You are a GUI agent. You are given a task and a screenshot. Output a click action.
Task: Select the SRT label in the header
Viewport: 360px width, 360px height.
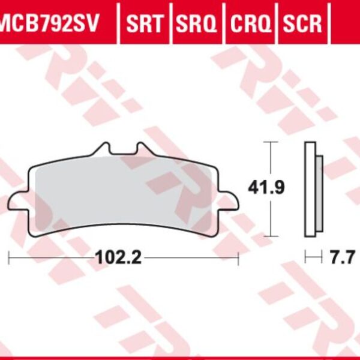coord(145,24)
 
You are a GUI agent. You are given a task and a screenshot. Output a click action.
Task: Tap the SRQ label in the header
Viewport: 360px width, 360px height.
coord(196,24)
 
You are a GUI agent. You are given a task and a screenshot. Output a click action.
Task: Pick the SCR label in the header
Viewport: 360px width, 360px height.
coord(302,24)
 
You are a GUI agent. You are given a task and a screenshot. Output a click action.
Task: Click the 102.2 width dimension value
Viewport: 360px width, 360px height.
coord(118,259)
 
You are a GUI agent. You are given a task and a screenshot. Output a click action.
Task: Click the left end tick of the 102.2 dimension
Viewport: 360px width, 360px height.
coord(10,259)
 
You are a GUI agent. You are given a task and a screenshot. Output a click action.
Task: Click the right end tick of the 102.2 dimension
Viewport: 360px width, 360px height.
coord(238,259)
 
